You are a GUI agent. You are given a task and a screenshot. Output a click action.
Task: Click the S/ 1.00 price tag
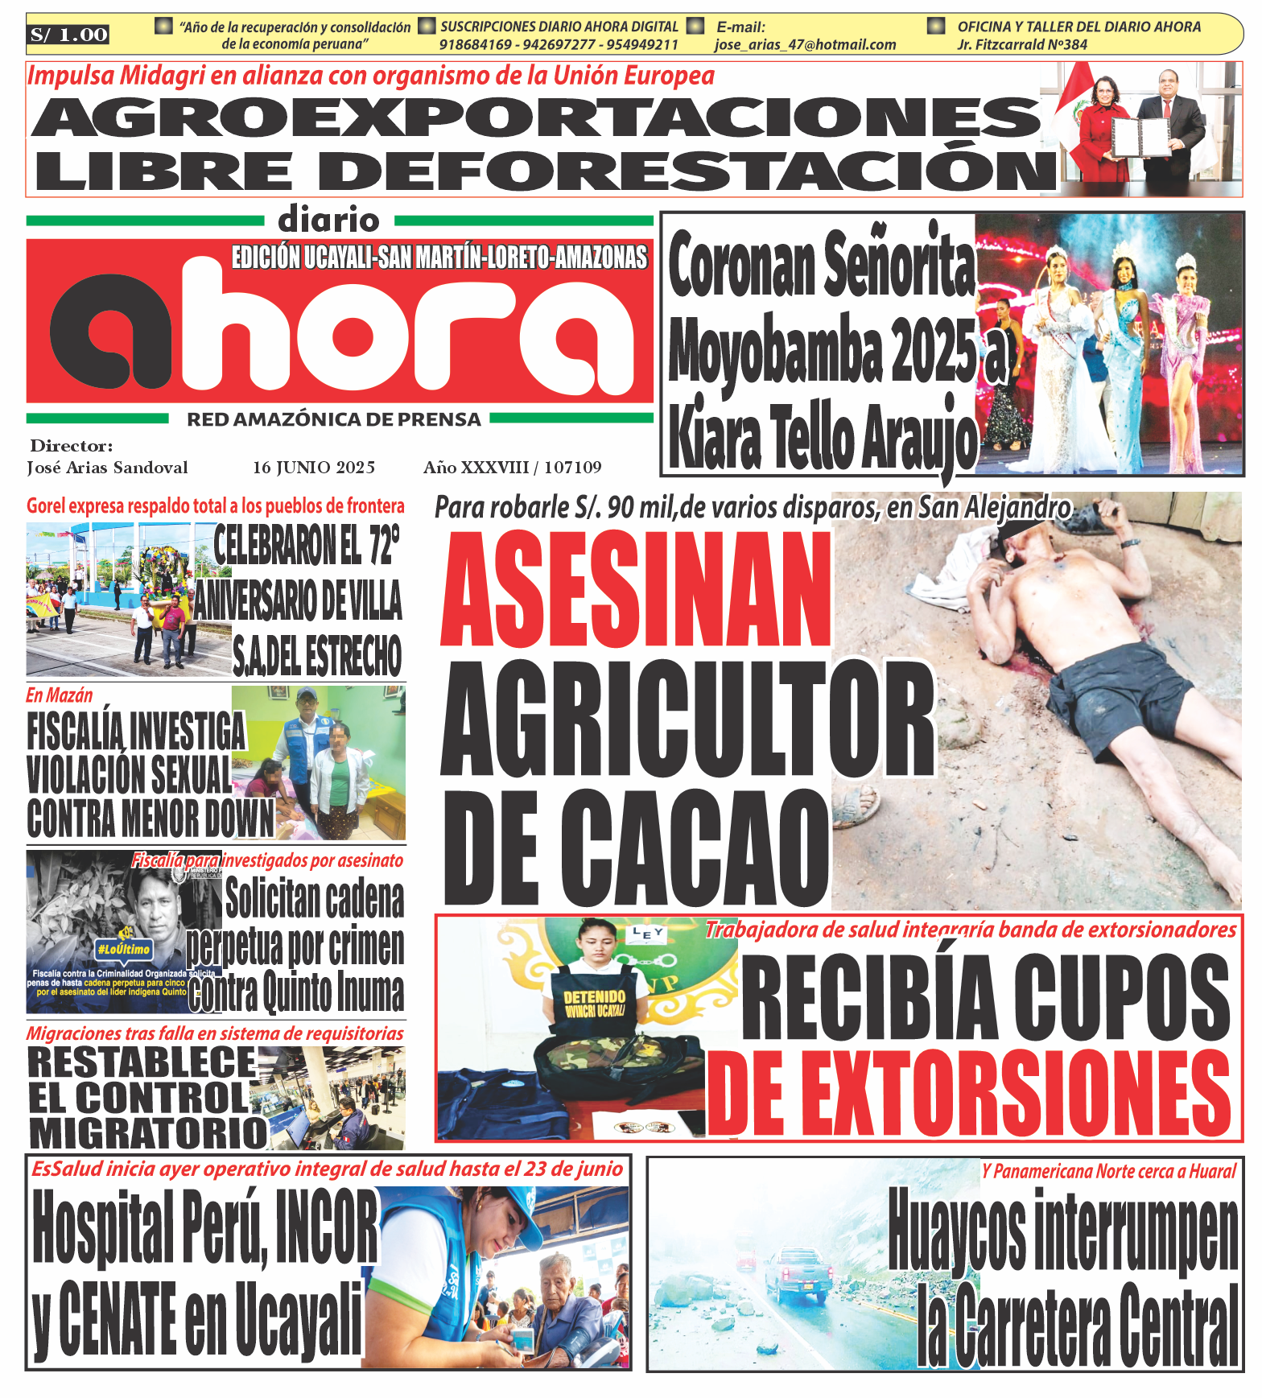[x=68, y=35]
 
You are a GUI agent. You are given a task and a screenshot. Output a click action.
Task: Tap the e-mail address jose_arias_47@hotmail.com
[x=805, y=45]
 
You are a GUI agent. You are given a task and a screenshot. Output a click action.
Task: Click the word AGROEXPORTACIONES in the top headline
[x=536, y=118]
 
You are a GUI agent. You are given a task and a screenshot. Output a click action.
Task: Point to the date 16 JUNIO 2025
[x=314, y=468]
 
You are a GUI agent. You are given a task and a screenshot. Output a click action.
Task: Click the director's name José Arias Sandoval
[x=107, y=468]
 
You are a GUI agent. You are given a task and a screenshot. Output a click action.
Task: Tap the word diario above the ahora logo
[x=328, y=220]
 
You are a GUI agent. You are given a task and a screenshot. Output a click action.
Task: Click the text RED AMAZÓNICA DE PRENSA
[x=334, y=419]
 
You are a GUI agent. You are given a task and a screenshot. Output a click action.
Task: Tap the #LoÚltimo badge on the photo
[x=123, y=950]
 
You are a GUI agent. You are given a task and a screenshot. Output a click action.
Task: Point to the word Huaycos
[x=957, y=1231]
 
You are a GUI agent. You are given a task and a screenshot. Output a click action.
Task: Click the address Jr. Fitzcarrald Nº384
[x=1022, y=45]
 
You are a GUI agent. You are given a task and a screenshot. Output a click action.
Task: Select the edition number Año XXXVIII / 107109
[x=513, y=468]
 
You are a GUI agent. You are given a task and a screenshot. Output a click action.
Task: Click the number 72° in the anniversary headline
[x=384, y=545]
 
